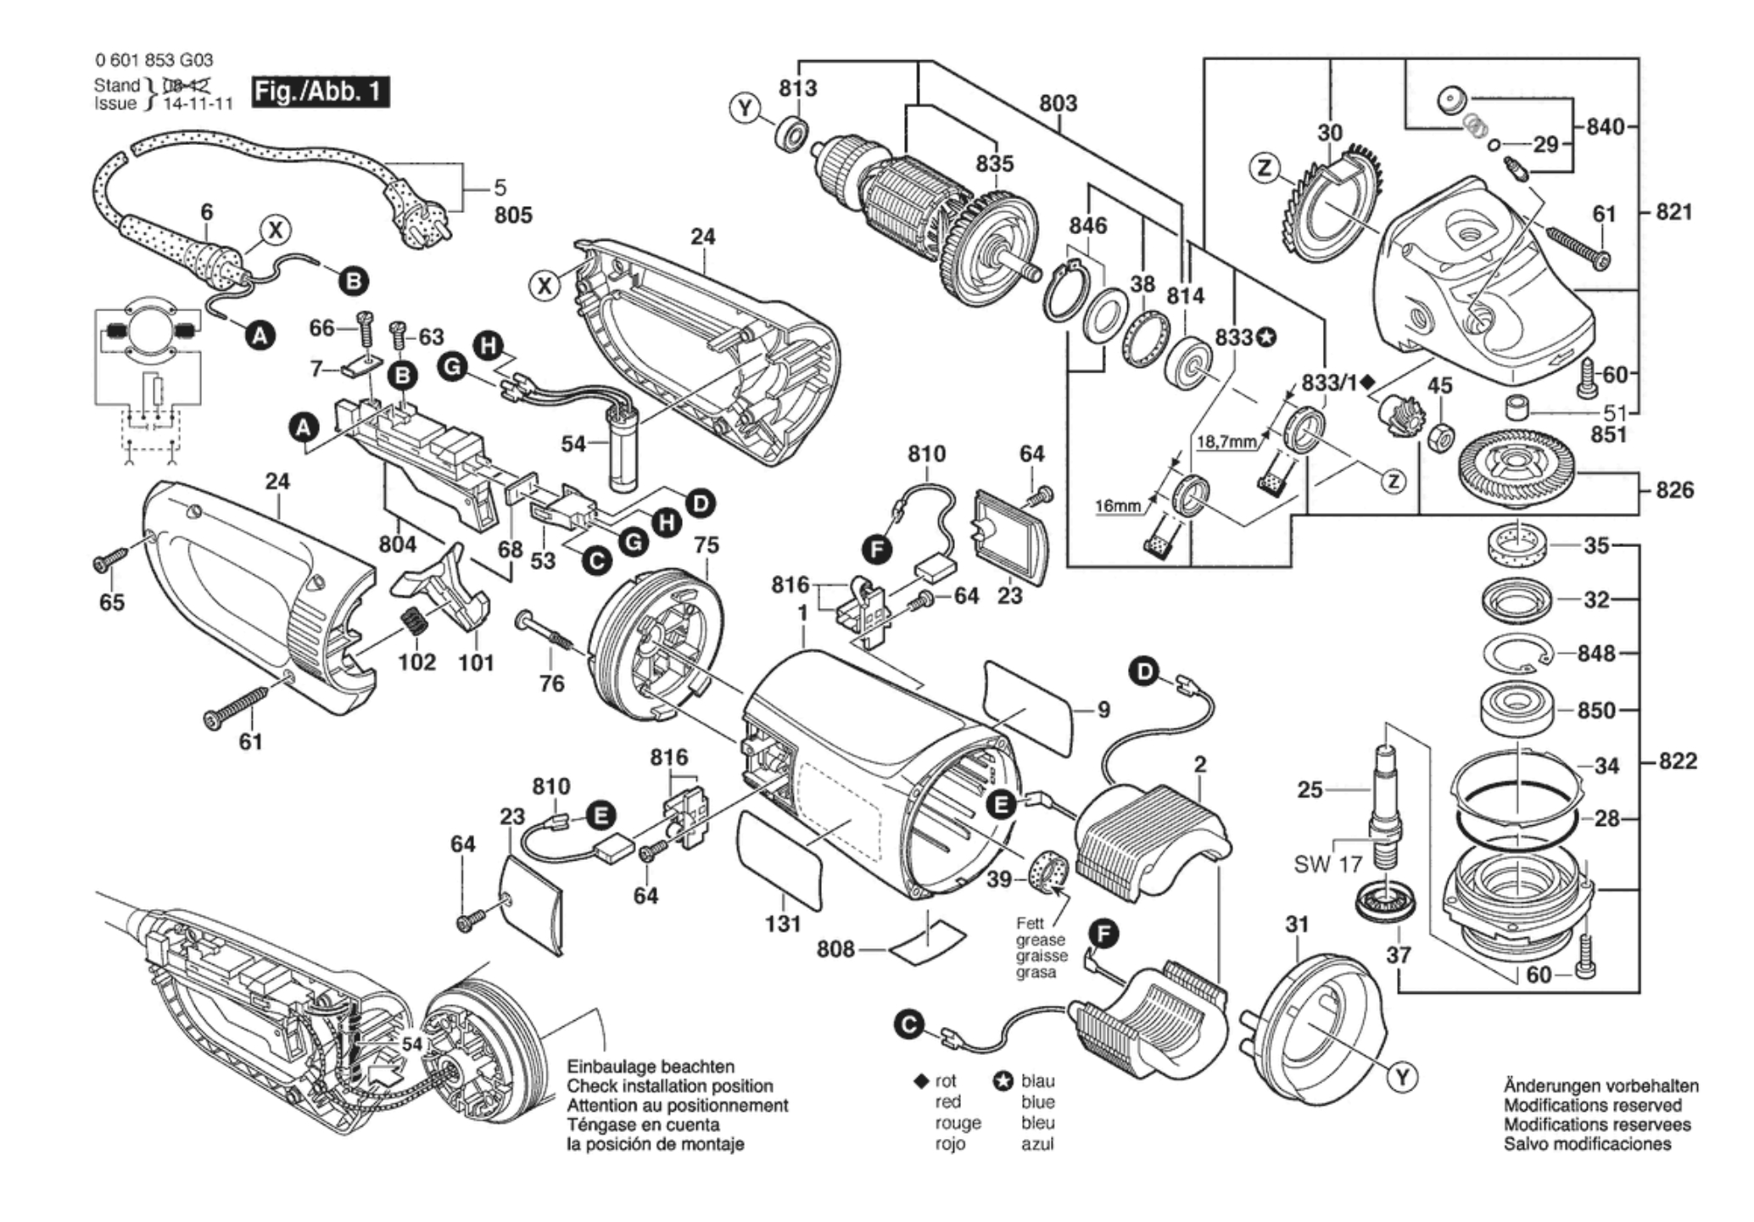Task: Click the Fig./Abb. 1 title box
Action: tap(321, 91)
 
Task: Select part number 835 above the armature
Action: tap(994, 164)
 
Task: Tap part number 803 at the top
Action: tap(1058, 103)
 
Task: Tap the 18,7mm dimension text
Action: tap(1226, 442)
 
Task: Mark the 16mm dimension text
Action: tap(1117, 506)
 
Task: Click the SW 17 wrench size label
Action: tap(1327, 864)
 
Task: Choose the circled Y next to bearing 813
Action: tap(744, 109)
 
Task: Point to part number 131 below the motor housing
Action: tap(782, 923)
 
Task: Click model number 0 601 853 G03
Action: tap(154, 60)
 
